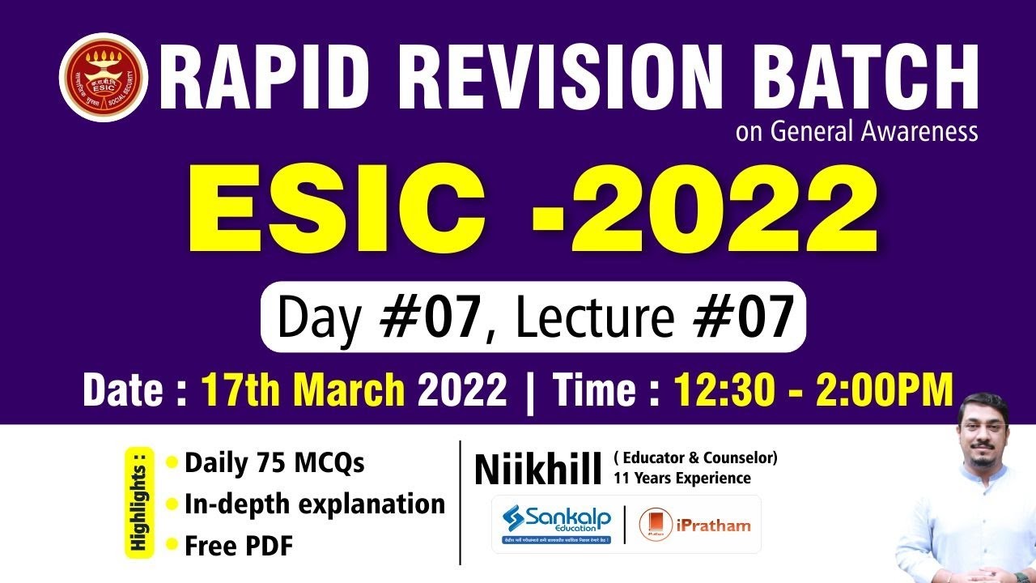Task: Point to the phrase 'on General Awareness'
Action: (856, 131)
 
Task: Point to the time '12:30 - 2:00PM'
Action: (813, 391)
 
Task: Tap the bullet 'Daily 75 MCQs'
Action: (274, 463)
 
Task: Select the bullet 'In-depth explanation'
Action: (314, 504)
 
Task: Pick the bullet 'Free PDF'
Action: (238, 546)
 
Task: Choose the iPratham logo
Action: (695, 525)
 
